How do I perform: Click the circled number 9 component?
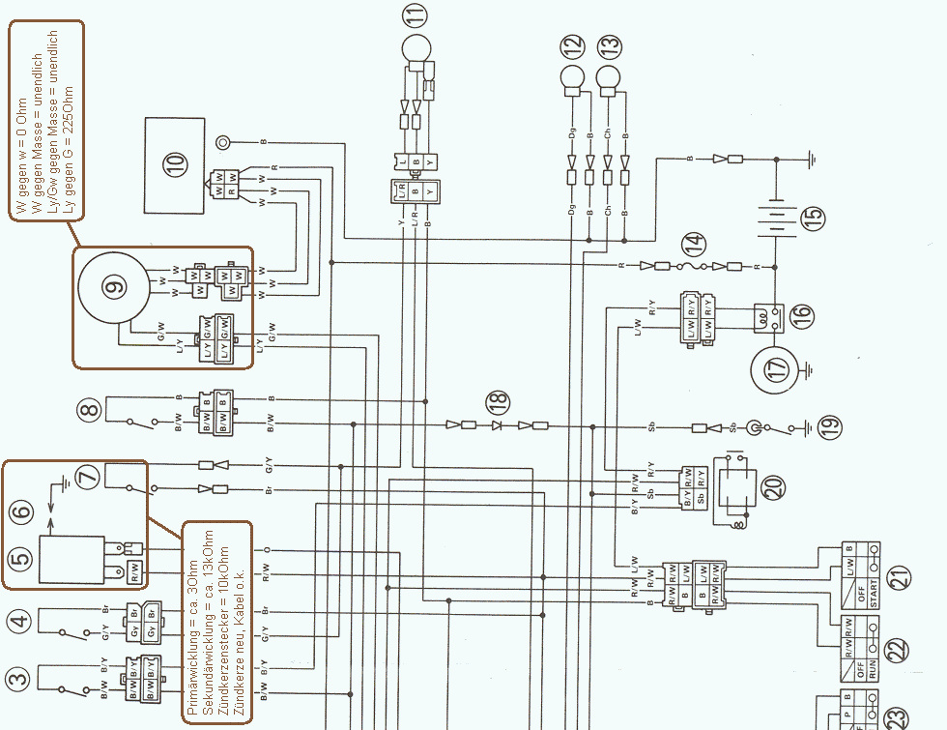tap(115, 286)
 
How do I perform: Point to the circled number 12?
tap(573, 46)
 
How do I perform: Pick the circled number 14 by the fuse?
tap(692, 243)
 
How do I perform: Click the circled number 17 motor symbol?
tap(777, 368)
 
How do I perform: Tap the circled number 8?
tap(90, 410)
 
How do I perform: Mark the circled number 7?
tap(88, 477)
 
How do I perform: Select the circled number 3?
tap(17, 681)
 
